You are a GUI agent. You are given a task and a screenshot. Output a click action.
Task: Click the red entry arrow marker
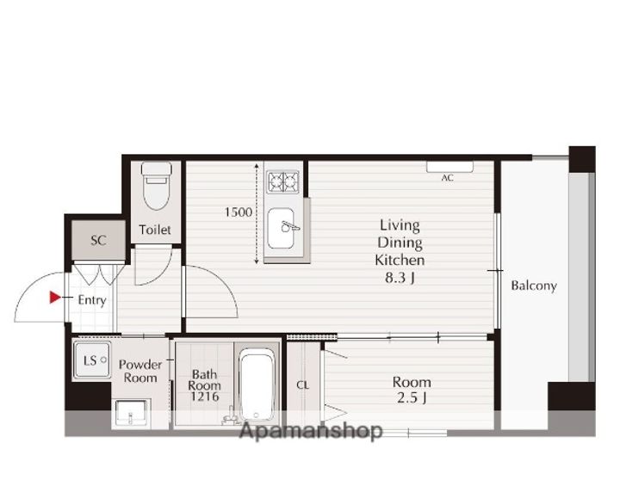point(55,298)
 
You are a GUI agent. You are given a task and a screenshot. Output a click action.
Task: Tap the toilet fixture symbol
point(157,186)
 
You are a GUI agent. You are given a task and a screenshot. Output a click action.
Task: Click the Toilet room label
point(155,230)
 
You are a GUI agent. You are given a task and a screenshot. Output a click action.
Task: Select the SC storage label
point(98,240)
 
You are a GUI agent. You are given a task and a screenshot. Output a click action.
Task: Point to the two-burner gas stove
point(282,181)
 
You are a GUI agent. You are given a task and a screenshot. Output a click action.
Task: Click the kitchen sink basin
point(281,228)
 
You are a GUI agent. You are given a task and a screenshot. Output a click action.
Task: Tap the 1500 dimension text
point(239,212)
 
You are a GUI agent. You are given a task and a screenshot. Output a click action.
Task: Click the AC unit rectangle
point(450,167)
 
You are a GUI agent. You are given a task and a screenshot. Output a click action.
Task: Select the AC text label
point(447,178)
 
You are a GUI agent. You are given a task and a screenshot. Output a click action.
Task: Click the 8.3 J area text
point(400,278)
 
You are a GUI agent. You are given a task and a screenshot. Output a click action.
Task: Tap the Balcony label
point(534,286)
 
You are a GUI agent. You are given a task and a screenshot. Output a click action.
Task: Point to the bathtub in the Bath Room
point(257,384)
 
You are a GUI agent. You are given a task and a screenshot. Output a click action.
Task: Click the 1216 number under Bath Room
point(204,397)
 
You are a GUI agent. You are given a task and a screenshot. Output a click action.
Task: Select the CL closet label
point(302,385)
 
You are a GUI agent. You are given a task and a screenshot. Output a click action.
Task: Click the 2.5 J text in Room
point(412,397)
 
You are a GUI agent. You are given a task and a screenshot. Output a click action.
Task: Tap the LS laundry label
point(90,360)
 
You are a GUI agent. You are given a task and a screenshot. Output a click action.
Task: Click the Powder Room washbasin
point(131,413)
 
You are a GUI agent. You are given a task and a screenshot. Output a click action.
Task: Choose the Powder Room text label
point(140,371)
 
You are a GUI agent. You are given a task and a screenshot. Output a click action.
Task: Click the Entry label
point(92,300)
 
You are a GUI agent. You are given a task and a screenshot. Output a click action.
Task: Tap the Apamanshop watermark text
point(311,430)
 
